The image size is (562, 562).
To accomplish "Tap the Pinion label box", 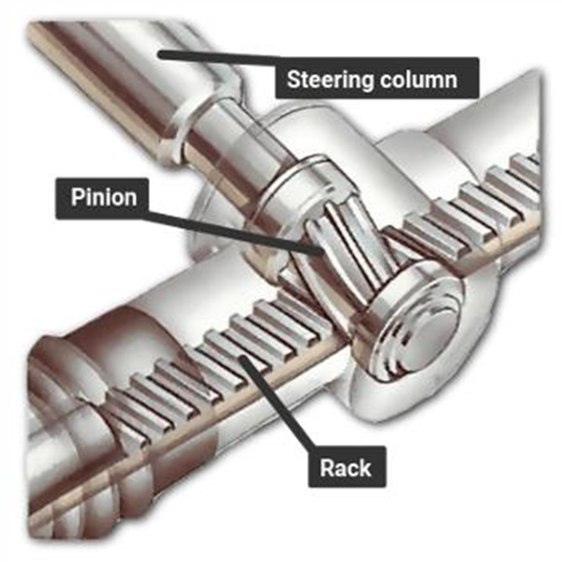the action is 101,198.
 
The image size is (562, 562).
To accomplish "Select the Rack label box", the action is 347,466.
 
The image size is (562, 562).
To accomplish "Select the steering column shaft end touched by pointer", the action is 162,55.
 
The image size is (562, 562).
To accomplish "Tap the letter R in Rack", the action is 327,468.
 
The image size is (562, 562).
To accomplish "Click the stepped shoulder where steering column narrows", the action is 201,118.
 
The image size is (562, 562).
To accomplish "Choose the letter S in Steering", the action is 294,79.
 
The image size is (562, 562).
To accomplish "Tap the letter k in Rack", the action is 366,467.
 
